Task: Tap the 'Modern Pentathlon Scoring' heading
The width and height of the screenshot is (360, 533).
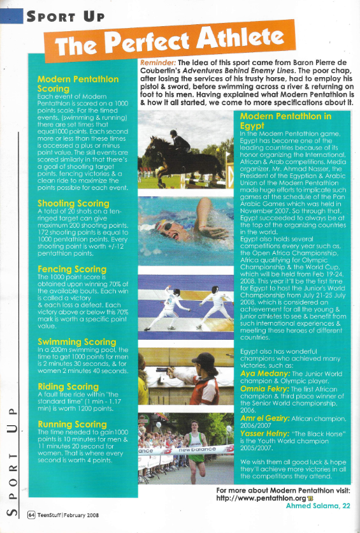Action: [x=78, y=84]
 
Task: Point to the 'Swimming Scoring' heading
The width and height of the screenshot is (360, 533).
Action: [x=77, y=342]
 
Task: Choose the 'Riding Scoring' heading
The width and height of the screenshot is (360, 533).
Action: [x=69, y=386]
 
